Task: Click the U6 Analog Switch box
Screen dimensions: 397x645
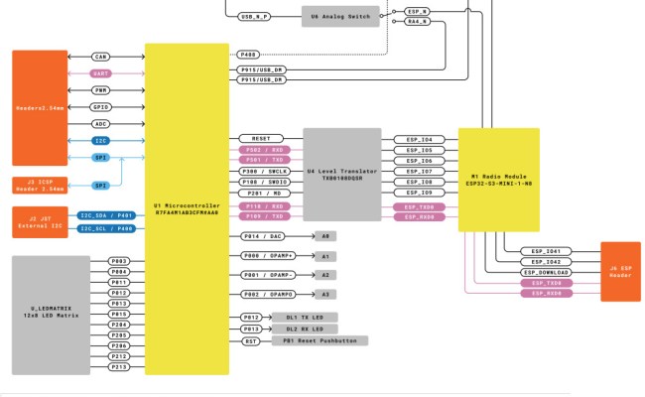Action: (340, 17)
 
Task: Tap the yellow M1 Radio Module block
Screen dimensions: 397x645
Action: (498, 179)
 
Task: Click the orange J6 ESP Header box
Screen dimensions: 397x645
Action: (620, 271)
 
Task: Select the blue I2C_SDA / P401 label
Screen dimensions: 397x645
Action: (106, 214)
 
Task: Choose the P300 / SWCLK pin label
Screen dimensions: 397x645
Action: (264, 172)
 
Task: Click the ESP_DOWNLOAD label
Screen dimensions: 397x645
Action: (546, 272)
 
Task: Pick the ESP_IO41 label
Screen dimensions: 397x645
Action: (546, 251)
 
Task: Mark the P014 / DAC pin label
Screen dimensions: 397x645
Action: (264, 236)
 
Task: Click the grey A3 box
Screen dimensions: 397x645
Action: (324, 295)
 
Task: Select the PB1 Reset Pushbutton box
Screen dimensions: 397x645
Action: (321, 340)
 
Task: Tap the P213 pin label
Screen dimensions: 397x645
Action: (119, 366)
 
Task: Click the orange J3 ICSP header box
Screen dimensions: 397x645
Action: (39, 185)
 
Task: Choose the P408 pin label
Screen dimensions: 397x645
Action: (248, 54)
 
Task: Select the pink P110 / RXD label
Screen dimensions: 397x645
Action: (264, 204)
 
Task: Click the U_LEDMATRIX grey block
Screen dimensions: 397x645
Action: (51, 316)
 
